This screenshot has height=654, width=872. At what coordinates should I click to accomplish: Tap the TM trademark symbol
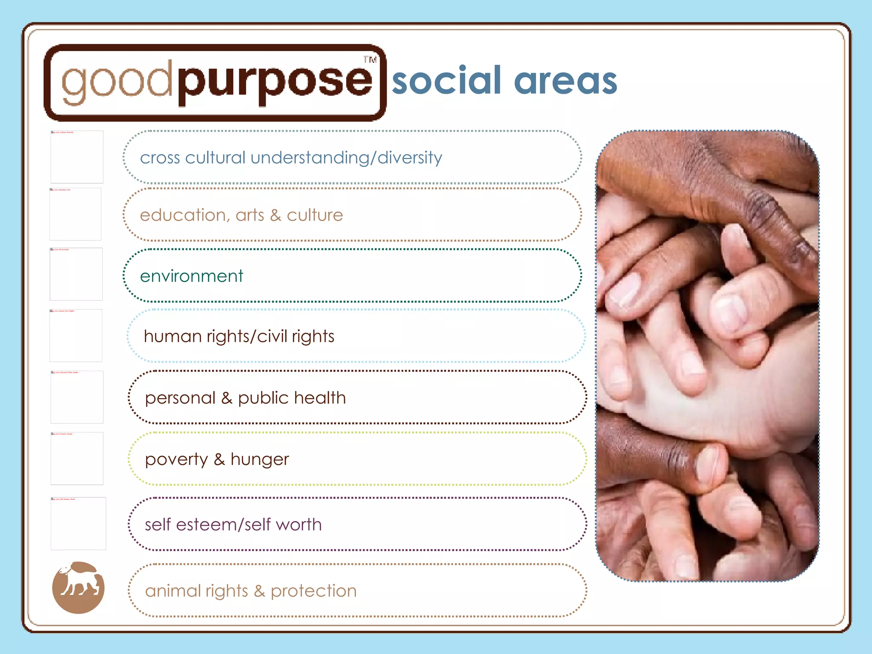pyautogui.click(x=370, y=60)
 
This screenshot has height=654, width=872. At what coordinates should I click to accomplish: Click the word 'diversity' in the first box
pyautogui.click(x=410, y=158)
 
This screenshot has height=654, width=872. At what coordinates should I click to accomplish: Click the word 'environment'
pyautogui.click(x=192, y=276)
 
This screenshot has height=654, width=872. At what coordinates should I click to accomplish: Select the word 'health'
pyautogui.click(x=320, y=398)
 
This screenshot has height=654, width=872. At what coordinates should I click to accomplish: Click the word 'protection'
pyautogui.click(x=313, y=591)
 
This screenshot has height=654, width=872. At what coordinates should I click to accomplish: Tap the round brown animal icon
pyautogui.click(x=78, y=588)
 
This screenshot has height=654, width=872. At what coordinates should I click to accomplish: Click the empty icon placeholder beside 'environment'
pyautogui.click(x=76, y=274)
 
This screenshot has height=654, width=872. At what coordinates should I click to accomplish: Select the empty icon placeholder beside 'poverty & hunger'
pyautogui.click(x=77, y=459)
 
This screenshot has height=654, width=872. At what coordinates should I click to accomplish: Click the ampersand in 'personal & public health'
pyautogui.click(x=227, y=398)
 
